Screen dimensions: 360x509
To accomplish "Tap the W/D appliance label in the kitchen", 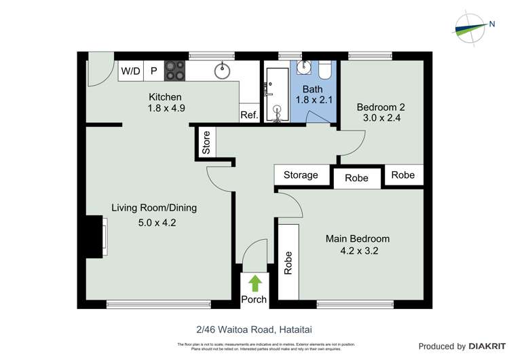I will [x=130, y=71].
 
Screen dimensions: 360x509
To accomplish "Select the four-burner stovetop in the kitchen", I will [x=175, y=71].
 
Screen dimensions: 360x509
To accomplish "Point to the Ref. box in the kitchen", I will [x=249, y=115].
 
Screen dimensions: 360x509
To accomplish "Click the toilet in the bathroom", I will [x=324, y=70].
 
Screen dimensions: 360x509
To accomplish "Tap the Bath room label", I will [x=312, y=89].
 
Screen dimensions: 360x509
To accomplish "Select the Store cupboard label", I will [x=206, y=143].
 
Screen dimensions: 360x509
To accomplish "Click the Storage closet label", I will [x=301, y=175].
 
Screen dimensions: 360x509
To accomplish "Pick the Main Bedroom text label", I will [x=357, y=238].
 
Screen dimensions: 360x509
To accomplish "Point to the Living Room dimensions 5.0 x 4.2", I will [x=154, y=221].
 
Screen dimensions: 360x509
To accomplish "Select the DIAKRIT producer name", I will [x=480, y=346].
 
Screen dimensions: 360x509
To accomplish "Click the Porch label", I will [x=254, y=300].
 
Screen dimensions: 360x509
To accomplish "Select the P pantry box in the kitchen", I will [x=153, y=71].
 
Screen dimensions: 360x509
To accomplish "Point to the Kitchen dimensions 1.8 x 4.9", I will [x=166, y=107].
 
